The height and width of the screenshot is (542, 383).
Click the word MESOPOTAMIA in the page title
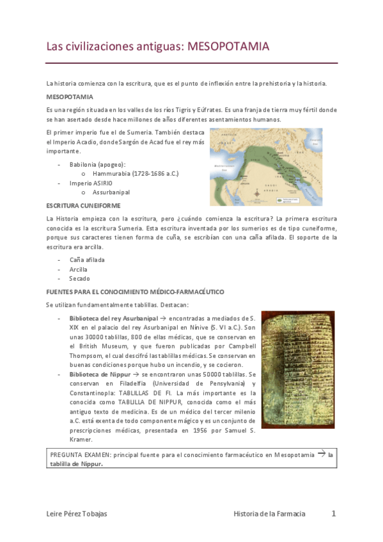click(233, 47)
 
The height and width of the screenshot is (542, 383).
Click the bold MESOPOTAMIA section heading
click(70, 97)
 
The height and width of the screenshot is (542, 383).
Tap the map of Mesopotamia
click(272, 167)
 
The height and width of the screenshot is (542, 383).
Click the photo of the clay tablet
click(297, 369)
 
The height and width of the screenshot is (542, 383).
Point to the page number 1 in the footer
click(333, 513)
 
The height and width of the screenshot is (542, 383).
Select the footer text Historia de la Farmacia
click(269, 514)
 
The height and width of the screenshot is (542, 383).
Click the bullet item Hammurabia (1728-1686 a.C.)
click(135, 173)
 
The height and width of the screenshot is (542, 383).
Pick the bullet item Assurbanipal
click(111, 192)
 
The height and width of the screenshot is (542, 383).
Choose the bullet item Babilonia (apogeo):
click(97, 164)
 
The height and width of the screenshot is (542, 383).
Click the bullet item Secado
click(80, 279)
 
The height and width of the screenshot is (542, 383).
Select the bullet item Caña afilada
click(87, 260)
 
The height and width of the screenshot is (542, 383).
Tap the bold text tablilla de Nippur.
click(75, 465)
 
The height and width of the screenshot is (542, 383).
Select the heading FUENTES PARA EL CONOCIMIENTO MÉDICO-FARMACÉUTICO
click(135, 291)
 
